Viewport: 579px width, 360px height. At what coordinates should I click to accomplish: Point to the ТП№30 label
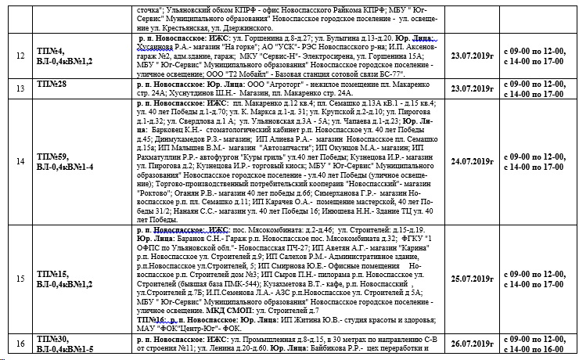coord(52,339)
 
